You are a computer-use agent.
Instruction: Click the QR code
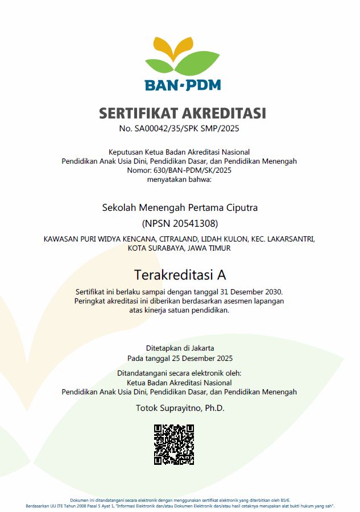(174, 445)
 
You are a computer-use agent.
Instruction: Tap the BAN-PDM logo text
(182, 85)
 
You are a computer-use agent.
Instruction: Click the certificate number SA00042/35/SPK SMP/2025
(187, 128)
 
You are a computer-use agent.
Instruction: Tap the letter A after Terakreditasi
(222, 275)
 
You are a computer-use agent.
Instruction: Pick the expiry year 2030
(272, 292)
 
